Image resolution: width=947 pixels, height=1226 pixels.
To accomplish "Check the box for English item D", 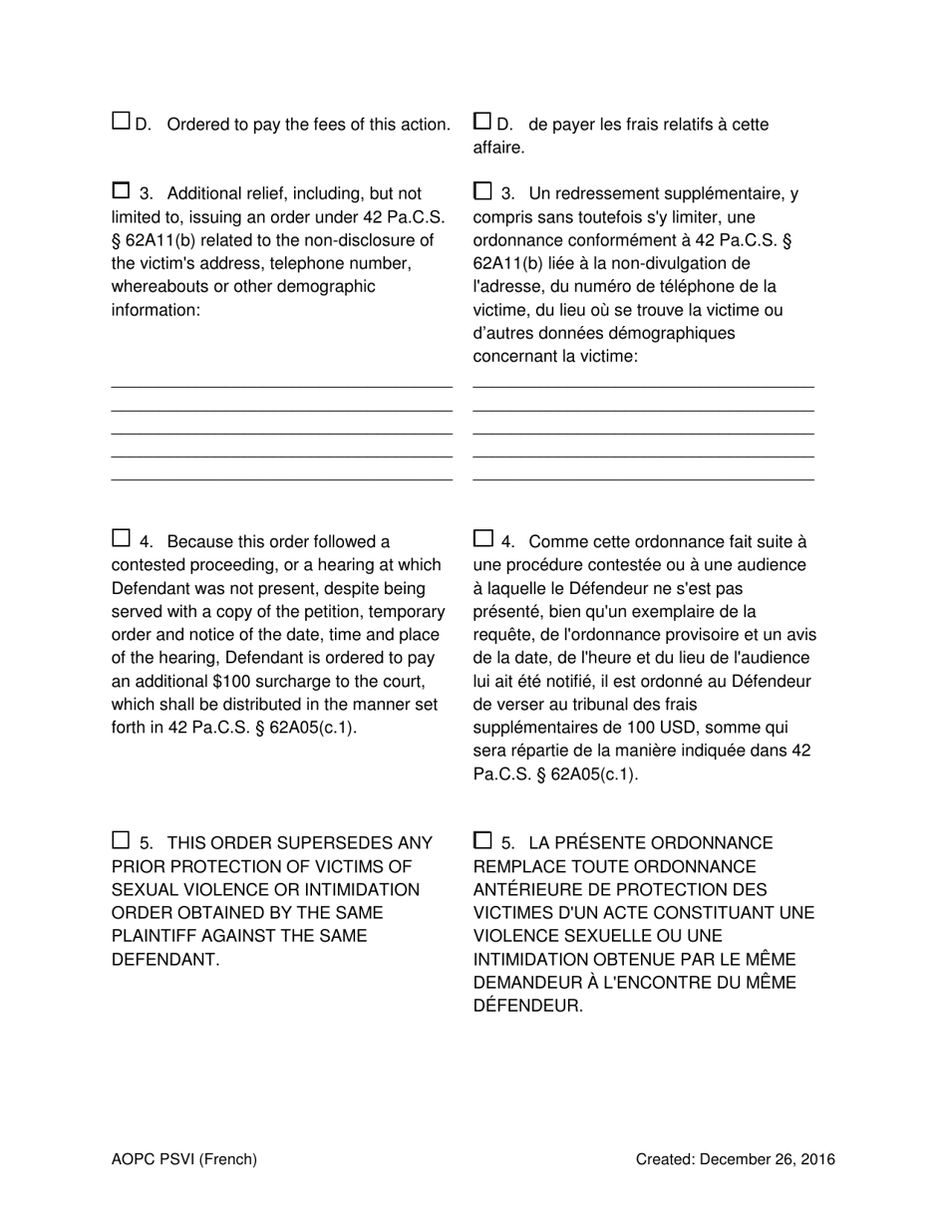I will coord(121,122).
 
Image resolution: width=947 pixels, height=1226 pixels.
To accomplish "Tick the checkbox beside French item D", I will coord(482,122).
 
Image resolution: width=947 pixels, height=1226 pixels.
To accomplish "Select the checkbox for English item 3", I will coord(121,190).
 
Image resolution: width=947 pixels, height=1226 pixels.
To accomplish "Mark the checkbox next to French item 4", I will coord(482,539).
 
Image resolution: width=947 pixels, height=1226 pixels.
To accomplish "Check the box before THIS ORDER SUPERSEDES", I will coord(121,840).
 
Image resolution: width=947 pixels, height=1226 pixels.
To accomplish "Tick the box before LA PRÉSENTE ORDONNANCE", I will coord(482,840).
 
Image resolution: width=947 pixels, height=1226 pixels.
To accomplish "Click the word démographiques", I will coord(671,333).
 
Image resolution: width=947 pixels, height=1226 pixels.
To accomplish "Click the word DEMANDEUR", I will coord(526,983).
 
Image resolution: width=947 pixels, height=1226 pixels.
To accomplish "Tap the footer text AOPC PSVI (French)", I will coord(184,1159).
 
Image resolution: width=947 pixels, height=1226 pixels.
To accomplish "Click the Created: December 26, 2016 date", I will coord(736,1159).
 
